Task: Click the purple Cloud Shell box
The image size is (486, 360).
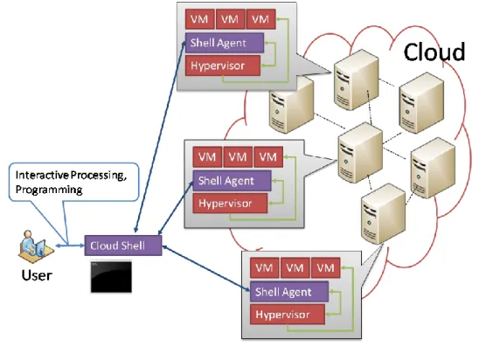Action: pos(123,246)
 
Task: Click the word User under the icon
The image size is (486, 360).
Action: pos(37,275)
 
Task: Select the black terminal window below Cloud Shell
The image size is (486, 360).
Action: pos(111,277)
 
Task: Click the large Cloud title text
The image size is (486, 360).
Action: pos(434,52)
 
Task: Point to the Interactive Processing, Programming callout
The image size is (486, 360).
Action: pos(73,182)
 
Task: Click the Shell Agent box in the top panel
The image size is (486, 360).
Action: pos(225,43)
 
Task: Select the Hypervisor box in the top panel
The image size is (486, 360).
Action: pos(223,66)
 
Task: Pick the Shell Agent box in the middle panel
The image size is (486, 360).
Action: pos(232,181)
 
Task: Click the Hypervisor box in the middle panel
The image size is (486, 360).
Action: pos(230,204)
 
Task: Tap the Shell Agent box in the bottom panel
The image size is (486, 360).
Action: pos(289,292)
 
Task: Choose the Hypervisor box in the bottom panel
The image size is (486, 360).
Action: pos(288,315)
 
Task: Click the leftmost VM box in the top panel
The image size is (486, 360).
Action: pos(199,19)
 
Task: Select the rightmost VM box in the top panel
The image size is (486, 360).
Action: pos(260,19)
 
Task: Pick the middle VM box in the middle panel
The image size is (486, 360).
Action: pos(238,156)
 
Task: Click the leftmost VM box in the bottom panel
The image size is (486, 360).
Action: pos(264,267)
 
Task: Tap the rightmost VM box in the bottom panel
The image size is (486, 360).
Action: pos(325,267)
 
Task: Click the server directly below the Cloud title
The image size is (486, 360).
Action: pos(421,102)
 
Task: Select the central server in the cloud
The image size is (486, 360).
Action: pos(360,152)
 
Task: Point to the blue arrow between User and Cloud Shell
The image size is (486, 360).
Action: pos(70,246)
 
